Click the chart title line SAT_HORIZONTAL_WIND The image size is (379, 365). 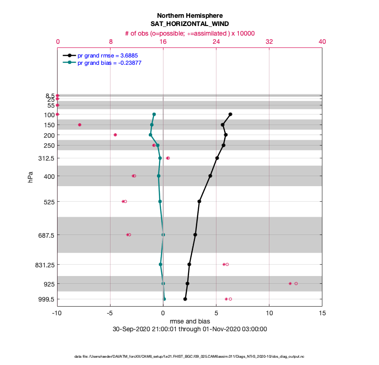pyautogui.click(x=189, y=23)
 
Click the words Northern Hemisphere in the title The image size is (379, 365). pyautogui.click(x=189, y=15)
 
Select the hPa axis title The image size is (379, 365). pyautogui.click(x=31, y=177)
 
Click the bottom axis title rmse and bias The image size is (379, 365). pyautogui.click(x=189, y=321)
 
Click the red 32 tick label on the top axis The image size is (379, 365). pyautogui.click(x=269, y=42)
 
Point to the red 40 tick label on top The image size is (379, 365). pyautogui.click(x=322, y=42)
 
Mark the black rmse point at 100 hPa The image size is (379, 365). pyautogui.click(x=230, y=114)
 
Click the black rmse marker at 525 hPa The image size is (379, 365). pyautogui.click(x=199, y=201)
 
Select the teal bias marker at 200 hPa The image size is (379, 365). pyautogui.click(x=150, y=135)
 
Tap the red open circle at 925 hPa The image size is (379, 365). pyautogui.click(x=296, y=283)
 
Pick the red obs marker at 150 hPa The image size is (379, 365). pyautogui.click(x=79, y=125)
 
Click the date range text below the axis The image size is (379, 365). pyautogui.click(x=189, y=329)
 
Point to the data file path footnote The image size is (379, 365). pyautogui.click(x=189, y=356)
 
